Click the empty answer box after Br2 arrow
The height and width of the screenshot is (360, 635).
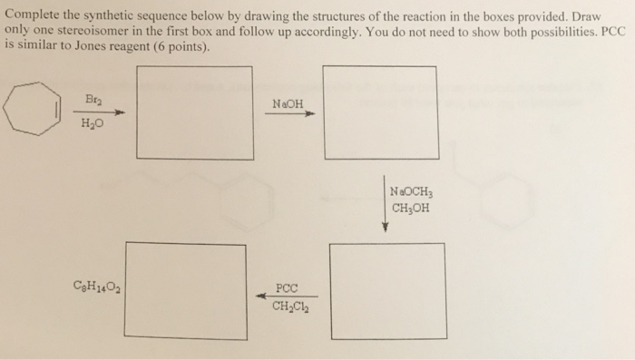[193, 112]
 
